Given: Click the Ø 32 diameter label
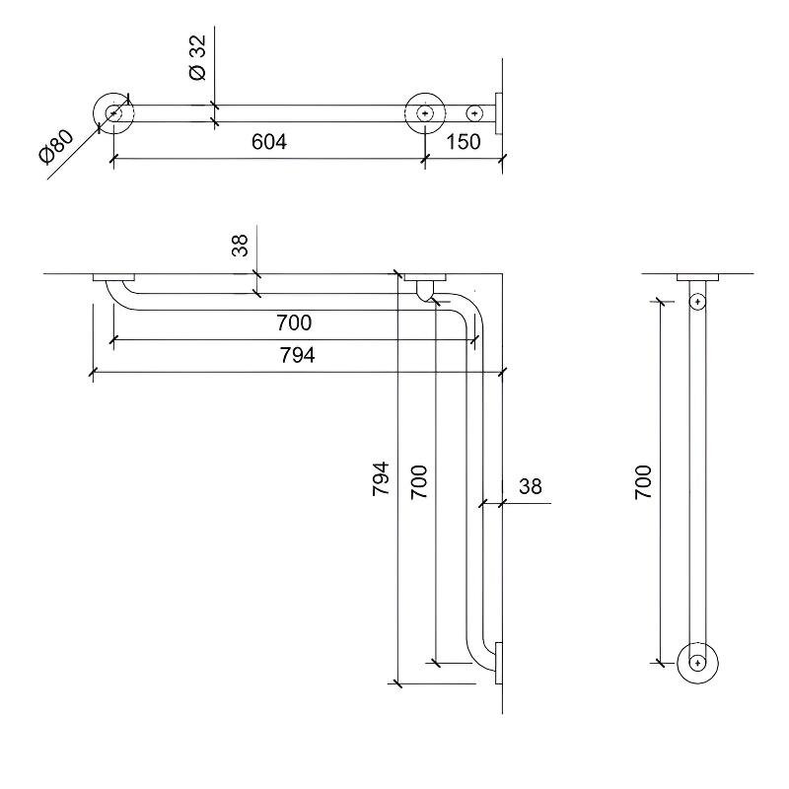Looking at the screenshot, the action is pyautogui.click(x=198, y=57).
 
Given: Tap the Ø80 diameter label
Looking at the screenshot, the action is pyautogui.click(x=56, y=146).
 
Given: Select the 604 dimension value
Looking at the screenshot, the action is pyautogui.click(x=269, y=142).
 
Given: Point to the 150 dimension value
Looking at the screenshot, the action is pyautogui.click(x=464, y=142).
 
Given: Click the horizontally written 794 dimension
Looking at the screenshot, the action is pyautogui.click(x=298, y=355).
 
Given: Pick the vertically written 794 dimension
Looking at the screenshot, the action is pyautogui.click(x=381, y=478).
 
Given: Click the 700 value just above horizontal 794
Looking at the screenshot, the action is pyautogui.click(x=294, y=323).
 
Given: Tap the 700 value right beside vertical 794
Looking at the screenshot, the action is pyautogui.click(x=418, y=482).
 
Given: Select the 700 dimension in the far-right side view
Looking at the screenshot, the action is pyautogui.click(x=643, y=482).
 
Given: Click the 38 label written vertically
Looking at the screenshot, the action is pyautogui.click(x=240, y=246).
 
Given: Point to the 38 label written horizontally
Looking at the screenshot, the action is pyautogui.click(x=531, y=486).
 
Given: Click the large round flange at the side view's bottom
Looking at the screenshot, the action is pyautogui.click(x=697, y=663).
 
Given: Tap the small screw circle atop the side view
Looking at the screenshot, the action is pyautogui.click(x=697, y=302).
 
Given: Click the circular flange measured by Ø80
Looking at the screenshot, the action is pyautogui.click(x=113, y=113).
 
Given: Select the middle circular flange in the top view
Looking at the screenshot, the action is pyautogui.click(x=425, y=113).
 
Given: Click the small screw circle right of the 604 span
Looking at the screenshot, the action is pyautogui.click(x=474, y=113).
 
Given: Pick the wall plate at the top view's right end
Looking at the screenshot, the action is pyautogui.click(x=499, y=113).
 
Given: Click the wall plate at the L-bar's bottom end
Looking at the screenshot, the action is pyautogui.click(x=499, y=663).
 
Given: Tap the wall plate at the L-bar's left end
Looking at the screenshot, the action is pyautogui.click(x=113, y=277).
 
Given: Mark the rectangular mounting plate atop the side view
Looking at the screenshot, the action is pyautogui.click(x=697, y=277).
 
